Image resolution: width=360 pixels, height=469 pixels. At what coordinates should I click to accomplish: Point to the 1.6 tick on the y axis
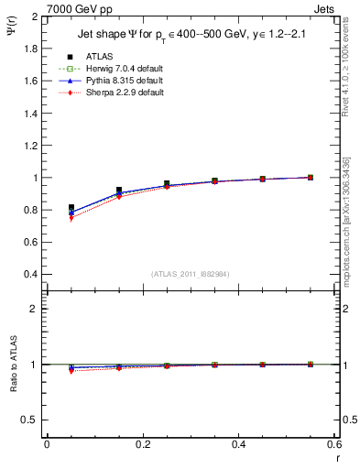click(29, 82)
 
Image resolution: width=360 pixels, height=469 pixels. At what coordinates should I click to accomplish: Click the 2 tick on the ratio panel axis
click(33, 309)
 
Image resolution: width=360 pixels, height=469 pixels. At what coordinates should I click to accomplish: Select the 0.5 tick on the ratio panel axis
click(29, 420)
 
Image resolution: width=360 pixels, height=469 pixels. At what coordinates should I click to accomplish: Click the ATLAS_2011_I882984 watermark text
click(189, 274)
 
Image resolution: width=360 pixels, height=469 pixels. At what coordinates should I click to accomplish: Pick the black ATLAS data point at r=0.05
click(71, 208)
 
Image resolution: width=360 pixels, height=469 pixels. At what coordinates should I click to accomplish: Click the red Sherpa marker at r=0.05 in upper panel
click(71, 218)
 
